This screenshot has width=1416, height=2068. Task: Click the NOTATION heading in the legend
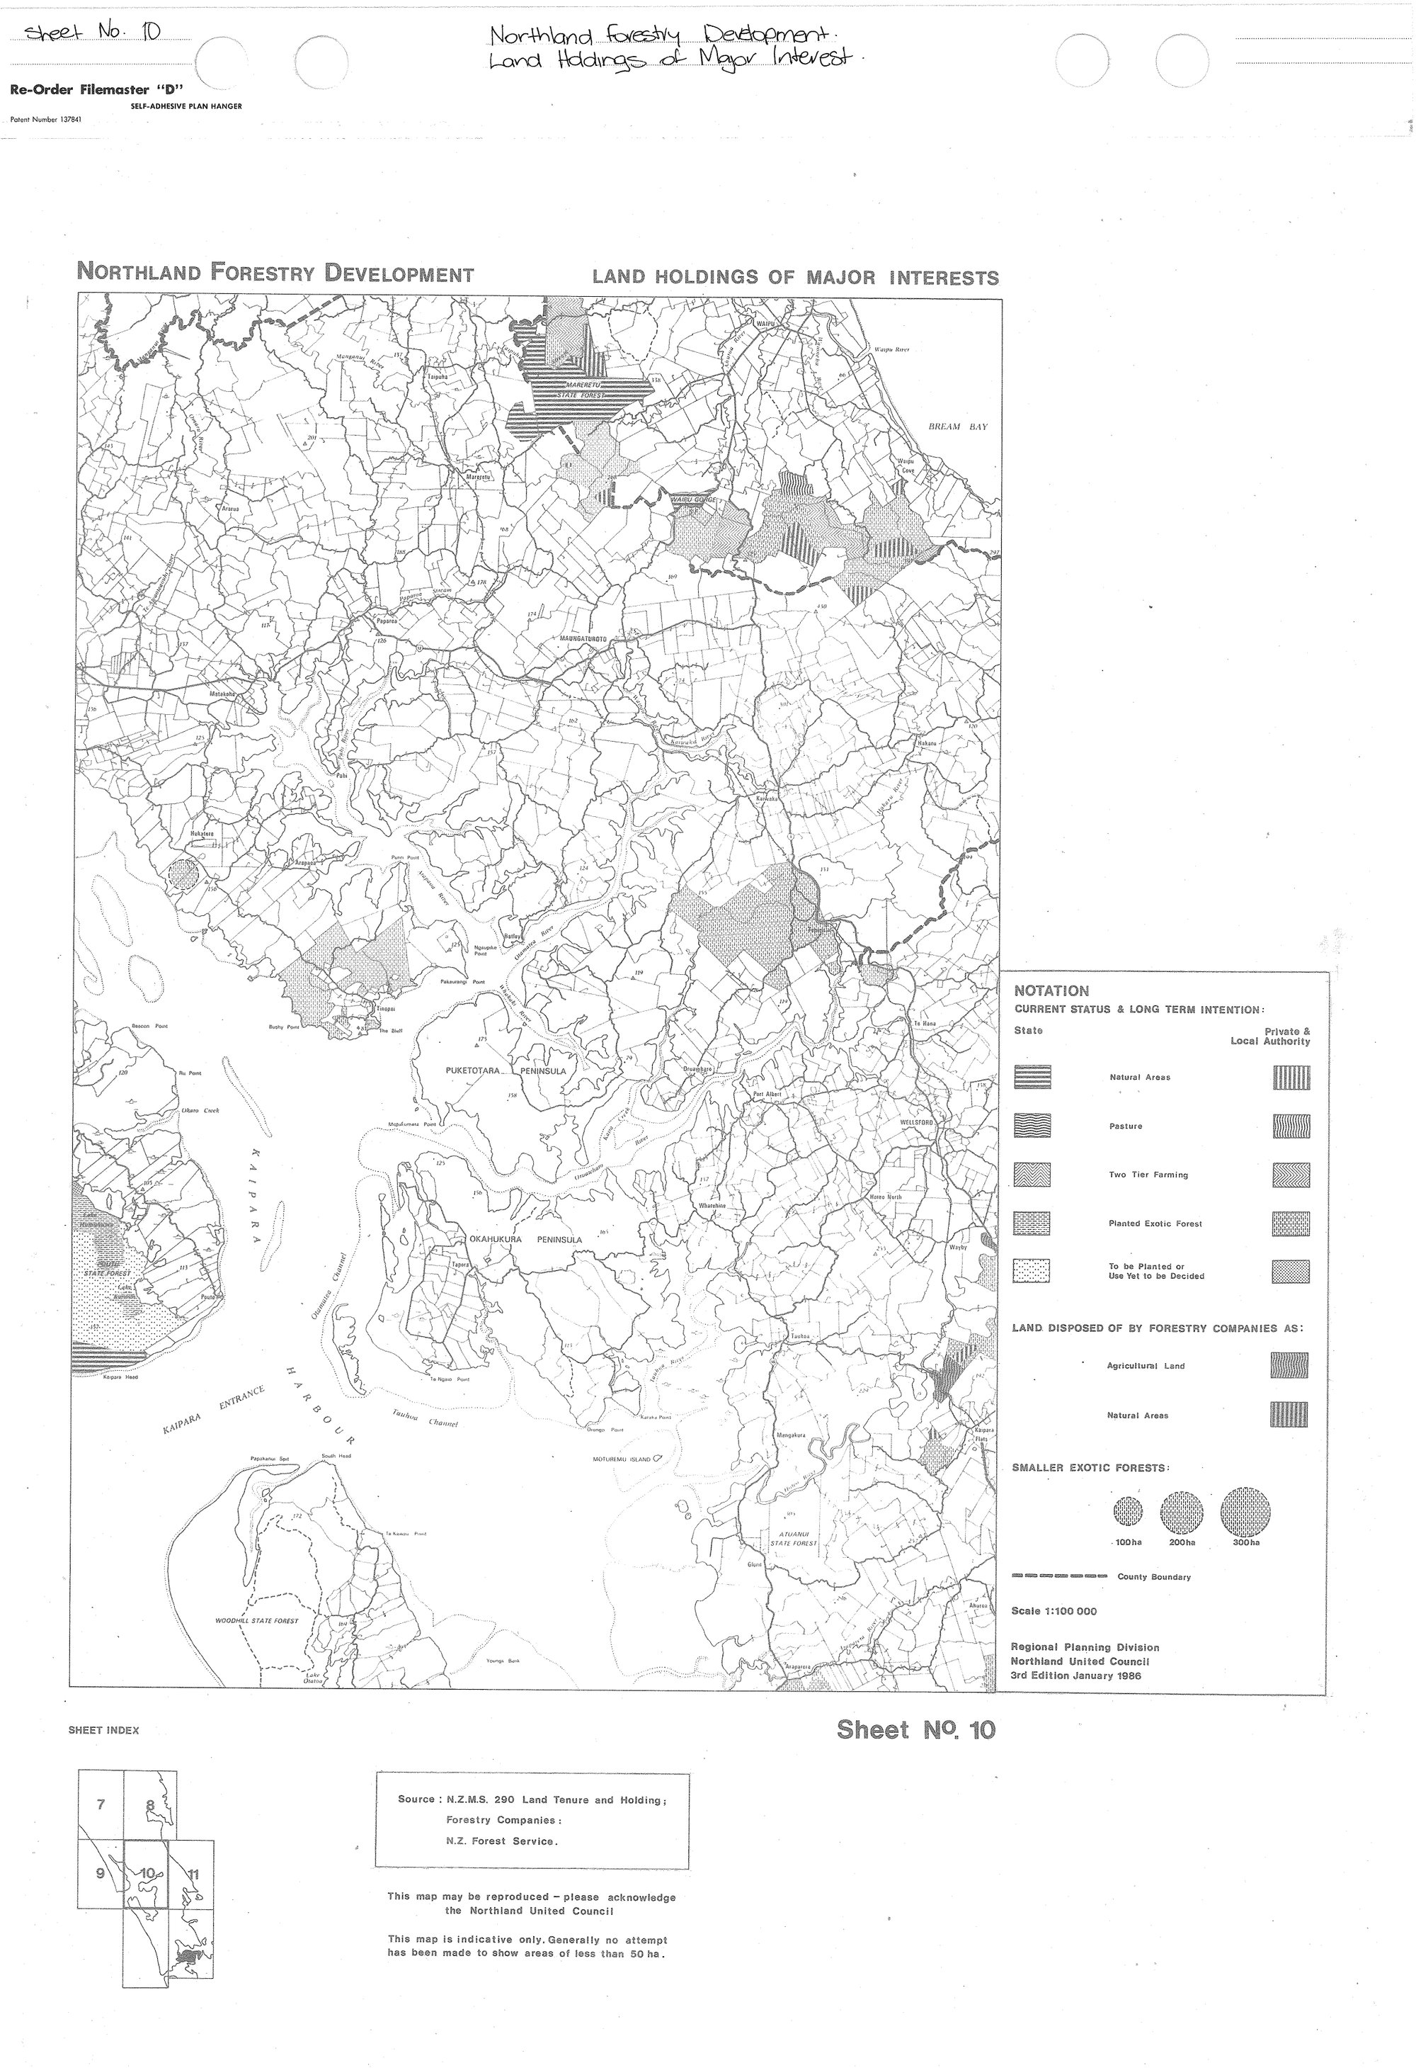pos(1051,990)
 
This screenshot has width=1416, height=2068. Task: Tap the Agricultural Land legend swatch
pos(1289,1365)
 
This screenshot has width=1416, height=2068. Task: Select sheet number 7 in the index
pos(101,1804)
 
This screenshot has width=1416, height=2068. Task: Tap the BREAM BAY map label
pos(958,426)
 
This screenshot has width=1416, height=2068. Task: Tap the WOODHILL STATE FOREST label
pos(257,1620)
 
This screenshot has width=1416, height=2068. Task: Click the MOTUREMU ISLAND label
pos(622,1459)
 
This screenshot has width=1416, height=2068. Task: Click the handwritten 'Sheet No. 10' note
pos(93,33)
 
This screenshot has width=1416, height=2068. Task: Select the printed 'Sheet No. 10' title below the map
pos(915,1730)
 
